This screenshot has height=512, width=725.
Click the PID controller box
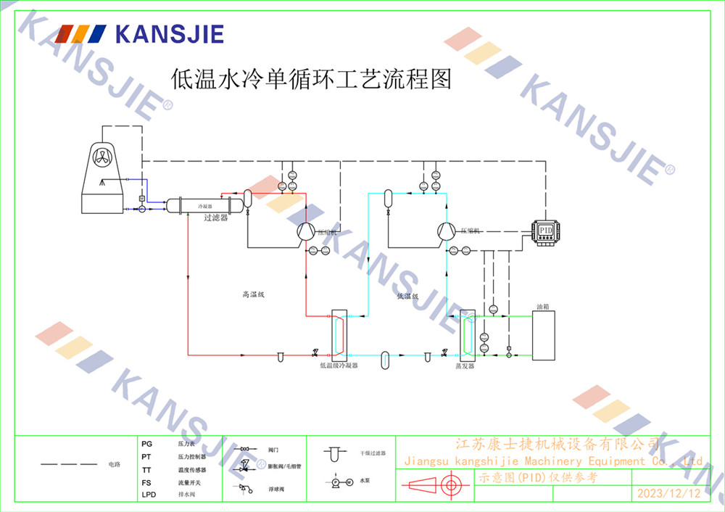pos(546,231)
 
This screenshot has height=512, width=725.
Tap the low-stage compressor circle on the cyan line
pos(445,231)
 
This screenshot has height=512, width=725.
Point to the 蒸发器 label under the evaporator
pos(465,366)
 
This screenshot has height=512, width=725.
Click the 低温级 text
pos(408,296)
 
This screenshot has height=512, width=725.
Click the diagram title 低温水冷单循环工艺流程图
pos(310,78)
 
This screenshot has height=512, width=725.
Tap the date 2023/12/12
pos(668,493)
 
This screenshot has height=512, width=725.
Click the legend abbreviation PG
pos(147,443)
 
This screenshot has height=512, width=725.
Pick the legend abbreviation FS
pos(146,482)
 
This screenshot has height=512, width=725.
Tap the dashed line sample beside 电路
pos(69,463)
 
